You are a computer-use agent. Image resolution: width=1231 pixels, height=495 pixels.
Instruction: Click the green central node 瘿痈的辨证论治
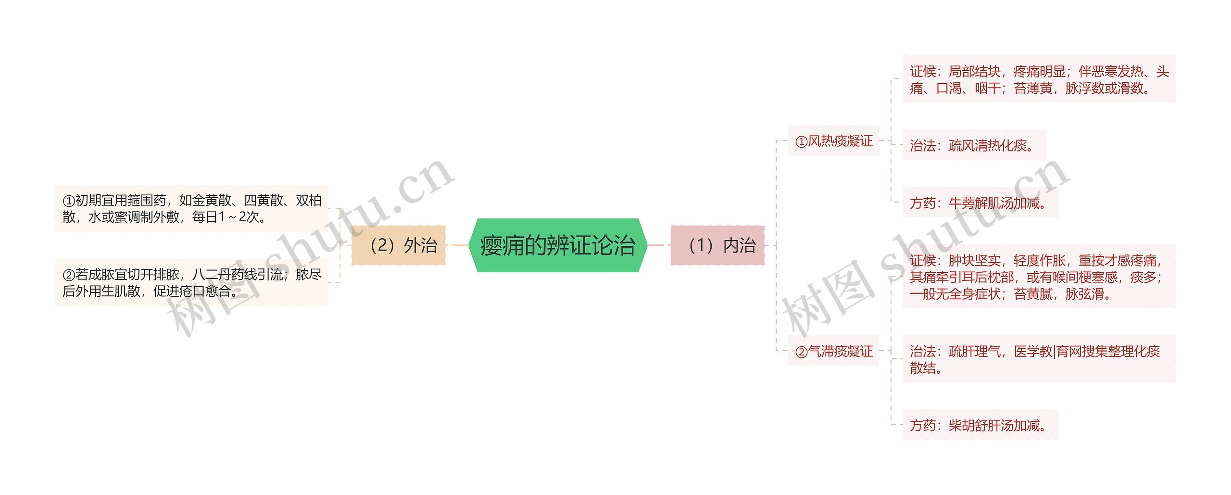(558, 245)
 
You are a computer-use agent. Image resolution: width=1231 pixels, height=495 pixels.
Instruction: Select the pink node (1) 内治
(717, 245)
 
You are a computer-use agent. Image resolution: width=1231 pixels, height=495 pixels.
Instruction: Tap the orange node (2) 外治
(399, 245)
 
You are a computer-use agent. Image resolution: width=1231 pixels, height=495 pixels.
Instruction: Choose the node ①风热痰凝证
(833, 141)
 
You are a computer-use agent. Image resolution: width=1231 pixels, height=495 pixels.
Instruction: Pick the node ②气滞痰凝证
(833, 351)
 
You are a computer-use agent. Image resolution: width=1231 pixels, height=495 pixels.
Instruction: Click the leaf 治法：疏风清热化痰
(973, 145)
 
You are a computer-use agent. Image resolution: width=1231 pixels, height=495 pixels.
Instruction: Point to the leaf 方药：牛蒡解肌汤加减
(980, 203)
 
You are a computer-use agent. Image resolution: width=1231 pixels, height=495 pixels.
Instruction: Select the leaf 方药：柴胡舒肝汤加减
(980, 425)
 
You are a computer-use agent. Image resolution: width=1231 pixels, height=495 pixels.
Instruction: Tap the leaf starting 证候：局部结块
(1039, 79)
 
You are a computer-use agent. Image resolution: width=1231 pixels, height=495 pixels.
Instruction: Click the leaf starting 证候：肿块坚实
(1039, 277)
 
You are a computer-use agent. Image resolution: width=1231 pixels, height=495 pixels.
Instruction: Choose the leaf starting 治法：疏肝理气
(1039, 359)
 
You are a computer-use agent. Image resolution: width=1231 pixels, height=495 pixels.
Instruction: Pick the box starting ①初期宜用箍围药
(191, 208)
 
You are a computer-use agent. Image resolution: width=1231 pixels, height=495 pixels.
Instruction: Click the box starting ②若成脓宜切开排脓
(191, 282)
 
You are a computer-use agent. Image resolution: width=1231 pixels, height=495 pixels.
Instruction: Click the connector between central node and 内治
(656, 245)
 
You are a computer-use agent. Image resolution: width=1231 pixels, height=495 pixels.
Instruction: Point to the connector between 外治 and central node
(459, 245)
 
